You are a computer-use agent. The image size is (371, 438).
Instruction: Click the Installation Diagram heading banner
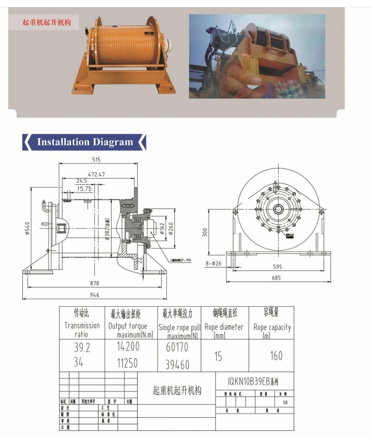coord(85,142)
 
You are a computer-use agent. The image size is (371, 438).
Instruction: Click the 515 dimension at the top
coord(96,160)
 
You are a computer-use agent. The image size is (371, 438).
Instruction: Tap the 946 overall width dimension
coord(94,295)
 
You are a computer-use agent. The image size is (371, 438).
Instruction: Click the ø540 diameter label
coord(27,228)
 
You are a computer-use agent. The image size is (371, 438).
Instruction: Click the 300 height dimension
coord(205,232)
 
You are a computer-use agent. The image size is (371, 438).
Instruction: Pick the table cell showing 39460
coord(177,365)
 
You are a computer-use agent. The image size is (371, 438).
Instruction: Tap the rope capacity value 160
coord(276,355)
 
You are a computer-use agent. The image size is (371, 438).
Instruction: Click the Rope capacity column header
coord(272,327)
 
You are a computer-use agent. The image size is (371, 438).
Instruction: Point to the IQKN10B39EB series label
coord(253,381)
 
